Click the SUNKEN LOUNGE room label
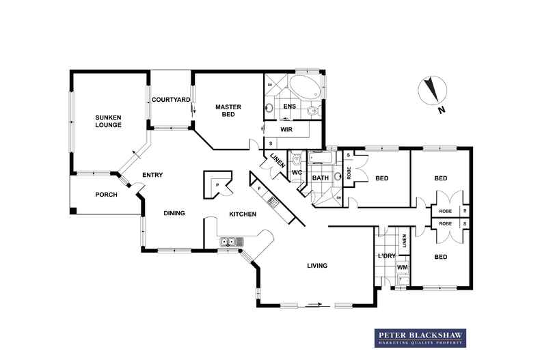pyautogui.click(x=108, y=121)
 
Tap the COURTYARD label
pyautogui.click(x=170, y=100)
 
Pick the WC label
pyautogui.click(x=297, y=172)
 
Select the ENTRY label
pyautogui.click(x=152, y=175)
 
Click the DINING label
pyautogui.click(x=174, y=213)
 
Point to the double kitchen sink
pyautogui.click(x=231, y=241)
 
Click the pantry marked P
pyautogui.click(x=217, y=184)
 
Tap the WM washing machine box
pyautogui.click(x=403, y=267)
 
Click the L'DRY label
pyautogui.click(x=386, y=256)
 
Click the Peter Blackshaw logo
pyautogui.click(x=419, y=337)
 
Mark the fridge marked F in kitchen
pyautogui.click(x=260, y=188)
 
